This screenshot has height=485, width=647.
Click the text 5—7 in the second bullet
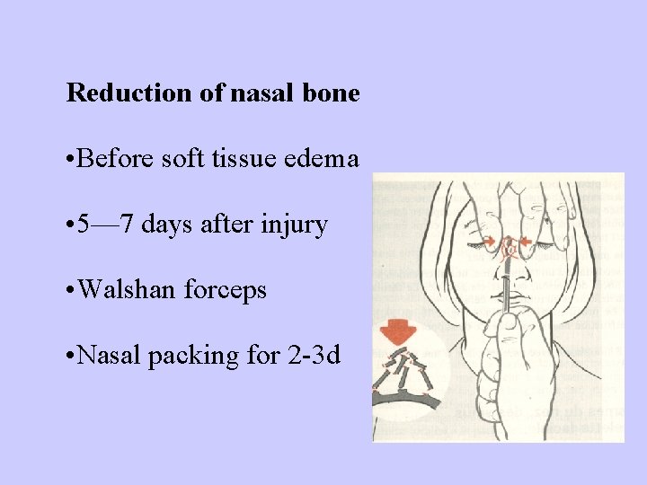[x=101, y=225]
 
